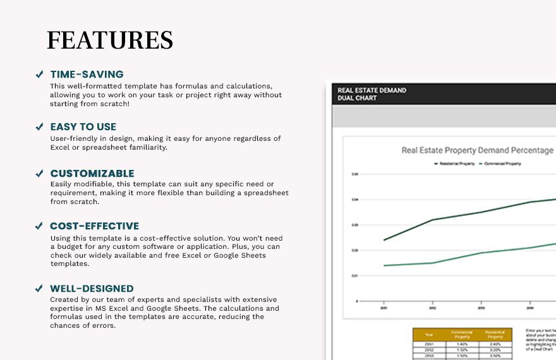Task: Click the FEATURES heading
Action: (110, 40)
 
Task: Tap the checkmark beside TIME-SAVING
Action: (39, 75)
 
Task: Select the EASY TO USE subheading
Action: (83, 127)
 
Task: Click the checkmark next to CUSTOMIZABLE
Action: (39, 173)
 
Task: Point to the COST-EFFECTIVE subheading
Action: (95, 226)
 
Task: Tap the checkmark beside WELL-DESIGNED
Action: (39, 289)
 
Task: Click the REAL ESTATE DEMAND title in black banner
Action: (372, 90)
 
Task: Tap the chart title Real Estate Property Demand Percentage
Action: (477, 150)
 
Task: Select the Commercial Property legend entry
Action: (503, 164)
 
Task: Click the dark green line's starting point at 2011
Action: (384, 240)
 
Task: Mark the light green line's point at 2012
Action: (432, 263)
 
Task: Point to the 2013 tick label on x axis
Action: (481, 308)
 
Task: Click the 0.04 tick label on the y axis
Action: (355, 200)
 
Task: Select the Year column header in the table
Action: (430, 334)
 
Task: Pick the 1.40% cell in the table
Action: (461, 344)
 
